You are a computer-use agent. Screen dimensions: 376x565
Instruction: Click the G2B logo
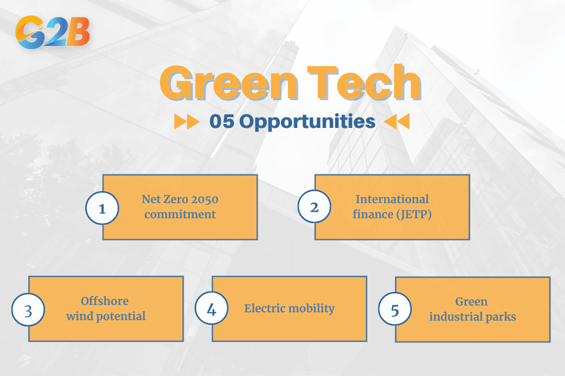coord(53,32)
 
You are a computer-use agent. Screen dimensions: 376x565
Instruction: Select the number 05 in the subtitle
coord(221,122)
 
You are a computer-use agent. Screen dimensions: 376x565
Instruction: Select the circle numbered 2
coord(314,207)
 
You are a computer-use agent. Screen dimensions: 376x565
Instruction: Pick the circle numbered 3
coord(28,311)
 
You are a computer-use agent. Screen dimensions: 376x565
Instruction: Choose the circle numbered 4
coord(211,310)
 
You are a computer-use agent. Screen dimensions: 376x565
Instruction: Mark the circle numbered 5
coord(394,311)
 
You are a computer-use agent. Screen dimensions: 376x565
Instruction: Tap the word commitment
coord(180,214)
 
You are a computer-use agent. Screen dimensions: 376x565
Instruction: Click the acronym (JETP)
coord(412,214)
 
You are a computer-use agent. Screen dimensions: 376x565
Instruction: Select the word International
coord(392,199)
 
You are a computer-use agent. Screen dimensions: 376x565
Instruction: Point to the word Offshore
coord(105,301)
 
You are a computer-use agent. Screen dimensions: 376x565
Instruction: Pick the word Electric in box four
coord(262,308)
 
